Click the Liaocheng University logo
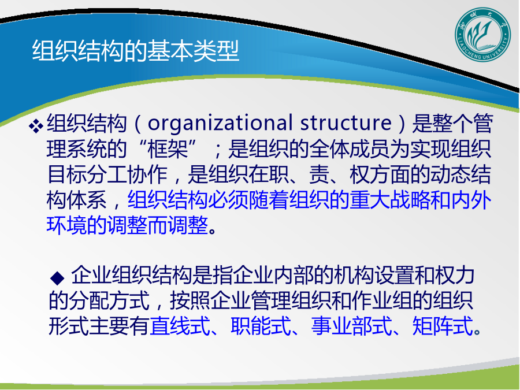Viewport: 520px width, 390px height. coord(483,35)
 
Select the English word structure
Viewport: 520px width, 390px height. coord(346,122)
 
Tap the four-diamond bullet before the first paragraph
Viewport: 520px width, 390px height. coord(36,126)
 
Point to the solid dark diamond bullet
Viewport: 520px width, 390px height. coord(57,278)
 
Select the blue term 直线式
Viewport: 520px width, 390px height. coord(180,326)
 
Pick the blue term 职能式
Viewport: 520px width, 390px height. coord(261,326)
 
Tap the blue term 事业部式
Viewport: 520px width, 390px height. coord(351,326)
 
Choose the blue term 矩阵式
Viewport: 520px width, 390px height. coord(443,326)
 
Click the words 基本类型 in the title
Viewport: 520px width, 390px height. coord(193,51)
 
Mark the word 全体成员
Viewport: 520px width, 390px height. coord(350,149)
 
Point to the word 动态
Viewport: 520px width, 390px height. coord(450,174)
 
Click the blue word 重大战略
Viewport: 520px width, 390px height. coord(389,200)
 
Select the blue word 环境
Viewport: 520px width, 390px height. coord(66,225)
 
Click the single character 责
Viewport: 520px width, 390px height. coord(319,174)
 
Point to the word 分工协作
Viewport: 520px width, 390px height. coord(127,174)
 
